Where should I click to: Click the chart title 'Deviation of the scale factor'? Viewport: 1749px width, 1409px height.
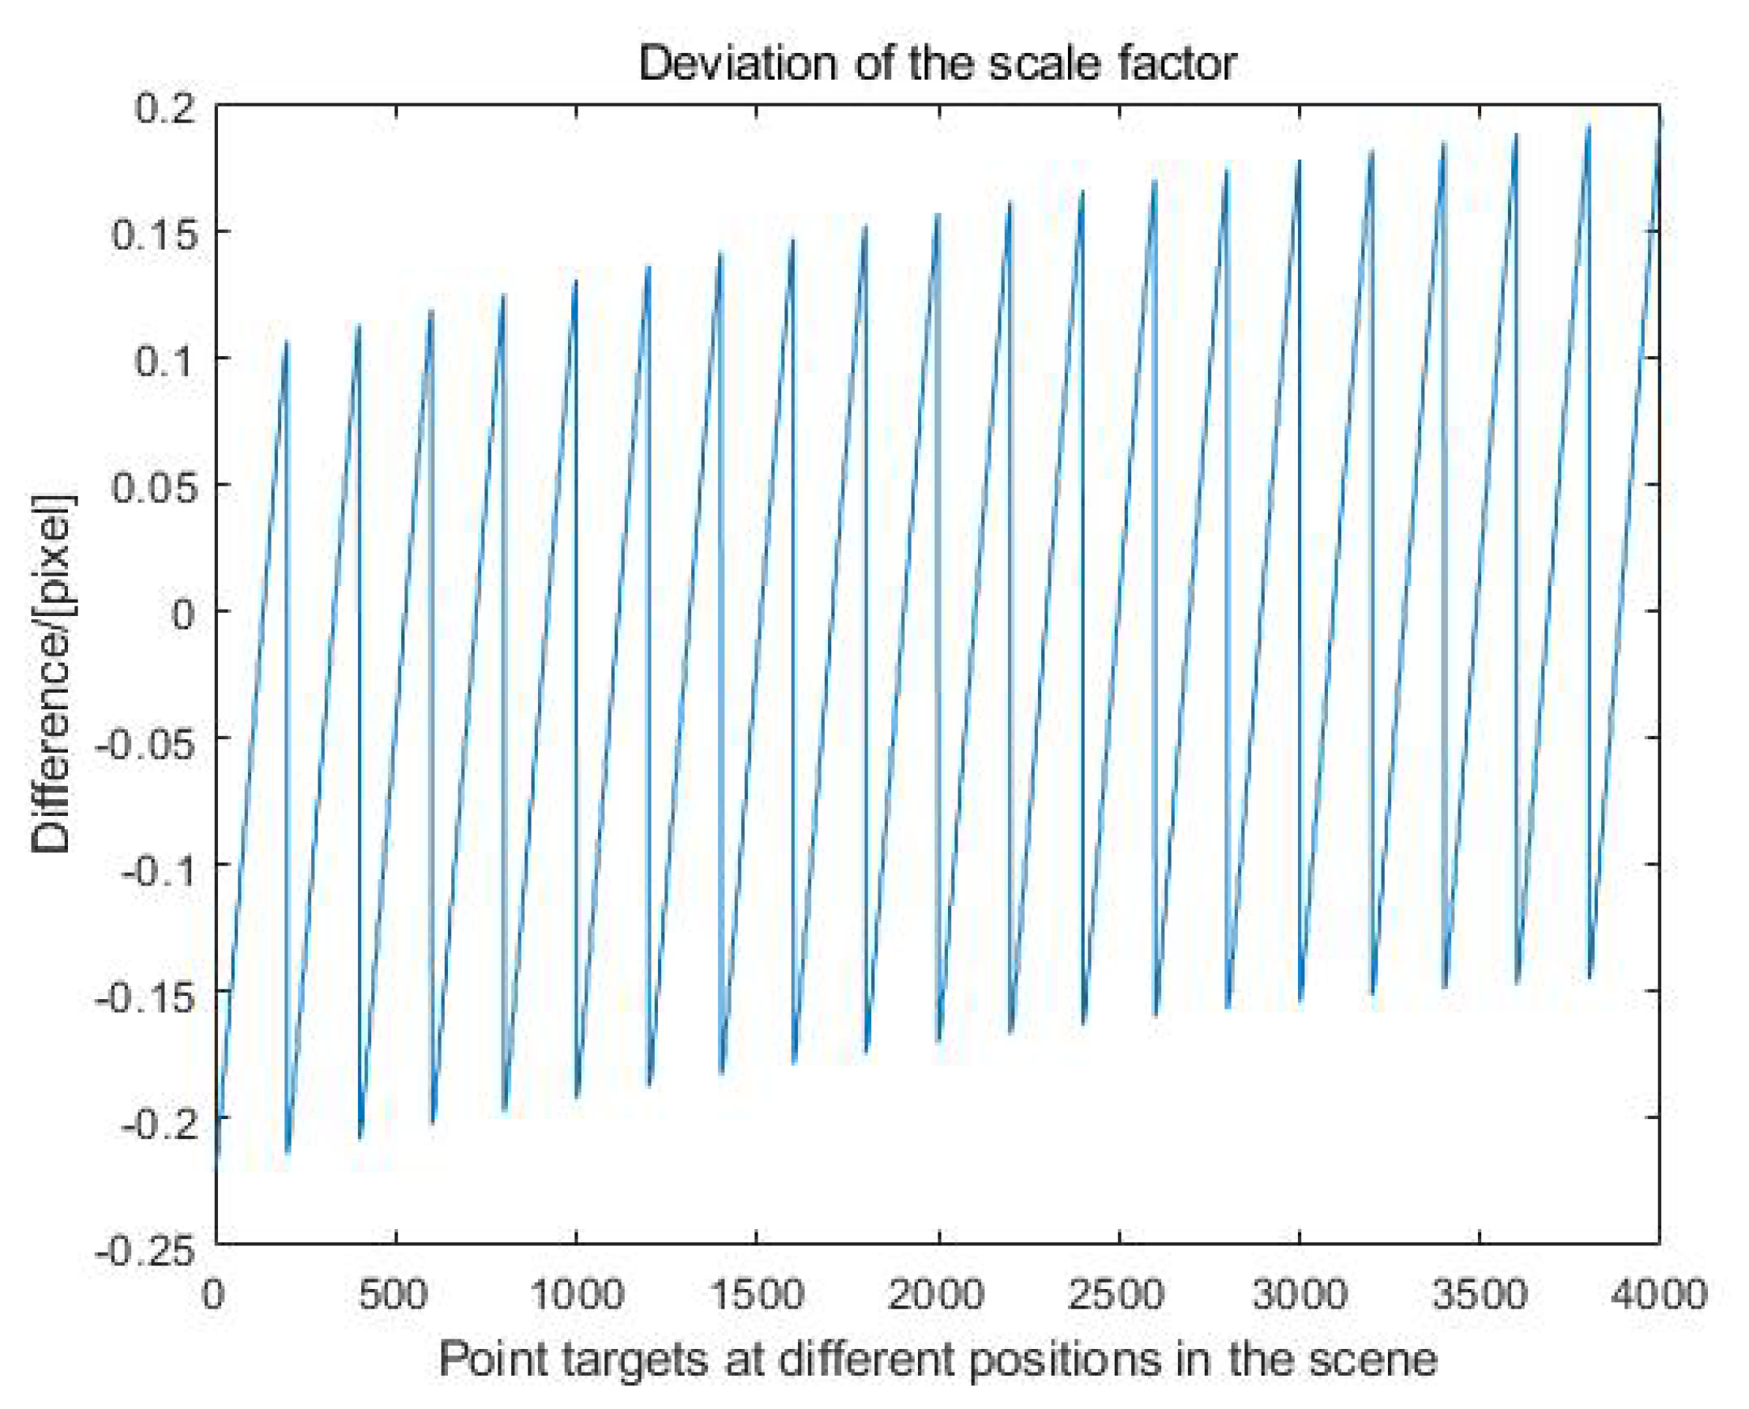coord(938,63)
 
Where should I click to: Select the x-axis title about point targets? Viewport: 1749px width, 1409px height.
coord(938,1358)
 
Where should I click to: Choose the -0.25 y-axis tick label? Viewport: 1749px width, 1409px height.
coord(146,1250)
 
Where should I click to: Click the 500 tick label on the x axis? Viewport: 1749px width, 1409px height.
coord(394,1294)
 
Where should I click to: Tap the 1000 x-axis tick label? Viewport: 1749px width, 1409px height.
coord(576,1294)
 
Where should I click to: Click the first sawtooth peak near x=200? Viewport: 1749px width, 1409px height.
coord(287,344)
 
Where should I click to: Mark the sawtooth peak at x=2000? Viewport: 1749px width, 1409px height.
coord(938,215)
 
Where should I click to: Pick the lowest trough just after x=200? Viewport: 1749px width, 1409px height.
coord(288,1152)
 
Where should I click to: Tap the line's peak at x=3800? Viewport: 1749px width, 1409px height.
coord(1589,127)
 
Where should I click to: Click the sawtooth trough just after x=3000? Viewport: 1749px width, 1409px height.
coord(1301,1001)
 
